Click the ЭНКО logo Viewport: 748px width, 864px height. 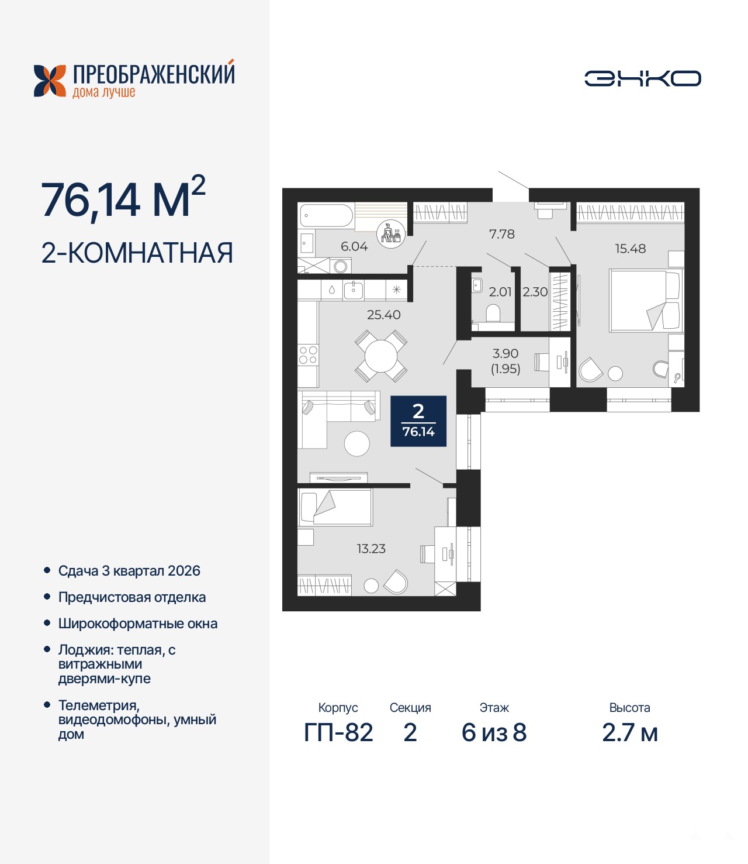pos(642,78)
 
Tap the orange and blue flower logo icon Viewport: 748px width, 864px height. pos(50,81)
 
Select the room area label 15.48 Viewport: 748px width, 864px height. pos(630,249)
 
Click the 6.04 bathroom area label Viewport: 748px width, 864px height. pos(354,247)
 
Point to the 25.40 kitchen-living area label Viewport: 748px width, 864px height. pos(384,314)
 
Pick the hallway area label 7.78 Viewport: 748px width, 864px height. pos(501,234)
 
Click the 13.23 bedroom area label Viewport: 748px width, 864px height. pos(371,549)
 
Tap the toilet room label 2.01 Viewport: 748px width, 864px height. pos(500,292)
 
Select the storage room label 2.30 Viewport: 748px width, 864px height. pos(535,292)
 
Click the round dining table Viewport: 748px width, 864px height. pos(381,356)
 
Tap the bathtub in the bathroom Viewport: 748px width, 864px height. pos(326,216)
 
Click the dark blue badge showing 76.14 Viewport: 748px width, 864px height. pos(418,421)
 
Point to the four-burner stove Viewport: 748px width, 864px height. pos(308,355)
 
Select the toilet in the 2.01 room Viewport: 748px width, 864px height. pos(493,313)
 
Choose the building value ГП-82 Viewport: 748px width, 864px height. pos(338,733)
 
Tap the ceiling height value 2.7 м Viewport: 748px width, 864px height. pos(630,733)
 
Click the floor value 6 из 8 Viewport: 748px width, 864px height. pos(494,733)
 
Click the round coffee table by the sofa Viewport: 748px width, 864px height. pos(356,443)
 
